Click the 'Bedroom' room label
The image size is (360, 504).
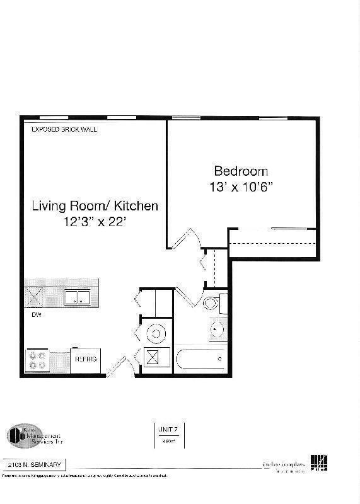point(241,171)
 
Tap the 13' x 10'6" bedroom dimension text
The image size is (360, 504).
point(241,187)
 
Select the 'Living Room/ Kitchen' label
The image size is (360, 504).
point(95,206)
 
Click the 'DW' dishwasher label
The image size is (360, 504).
point(36,314)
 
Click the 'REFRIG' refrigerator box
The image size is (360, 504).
point(86,358)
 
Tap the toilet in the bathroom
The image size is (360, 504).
point(212,304)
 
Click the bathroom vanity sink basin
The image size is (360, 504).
point(218,328)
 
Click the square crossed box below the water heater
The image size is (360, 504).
point(153,358)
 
